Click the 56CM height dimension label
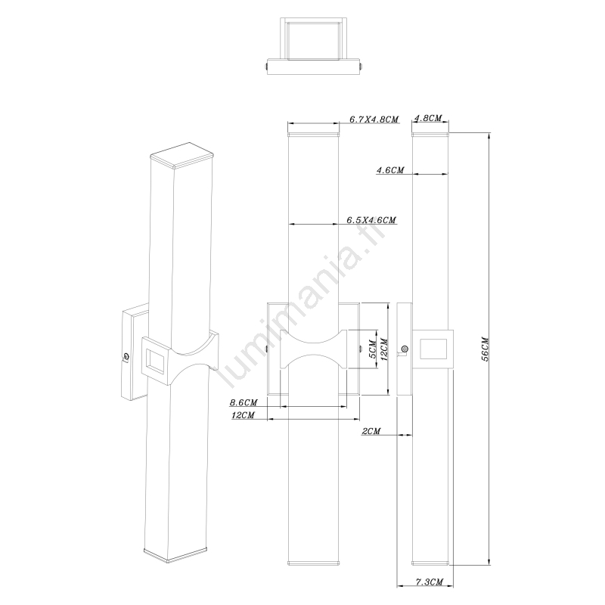coord(485,349)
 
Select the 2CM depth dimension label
coord(371,431)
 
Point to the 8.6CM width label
coord(244,403)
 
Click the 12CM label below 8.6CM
coord(243,415)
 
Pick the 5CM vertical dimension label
coord(373,349)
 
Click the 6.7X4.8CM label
coord(374,119)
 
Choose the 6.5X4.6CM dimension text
coord(371,220)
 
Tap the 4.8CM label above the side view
coord(428,118)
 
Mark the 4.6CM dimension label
coord(390,169)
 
